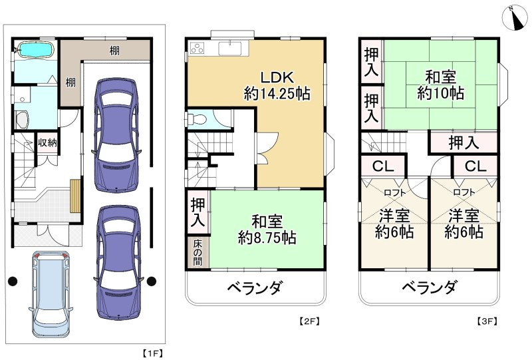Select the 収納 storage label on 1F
click(47, 142)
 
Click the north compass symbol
click(513, 16)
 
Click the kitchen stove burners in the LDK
click(199, 47)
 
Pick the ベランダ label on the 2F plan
click(255, 288)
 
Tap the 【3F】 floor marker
click(487, 321)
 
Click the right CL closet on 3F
click(475, 165)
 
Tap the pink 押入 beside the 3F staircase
click(463, 142)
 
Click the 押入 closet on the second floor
click(198, 212)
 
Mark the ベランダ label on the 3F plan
click(429, 288)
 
